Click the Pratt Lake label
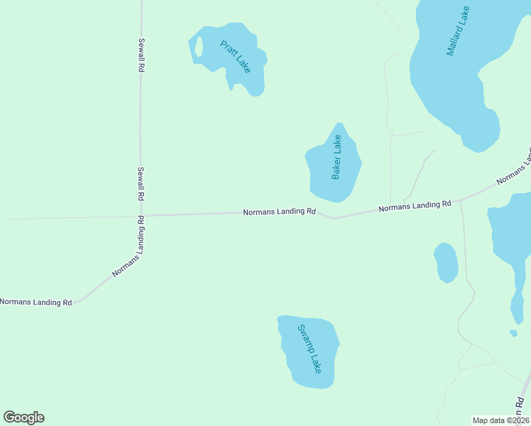tap(235, 56)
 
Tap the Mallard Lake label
tap(459, 32)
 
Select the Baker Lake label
tap(336, 158)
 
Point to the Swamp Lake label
tap(310, 349)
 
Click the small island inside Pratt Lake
tap(199, 47)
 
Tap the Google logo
tap(23, 417)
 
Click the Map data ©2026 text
tap(501, 420)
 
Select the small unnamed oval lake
tap(446, 262)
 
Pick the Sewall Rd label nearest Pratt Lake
tap(141, 55)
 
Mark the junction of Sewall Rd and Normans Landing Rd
tap(141, 215)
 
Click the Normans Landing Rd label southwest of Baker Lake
tap(279, 212)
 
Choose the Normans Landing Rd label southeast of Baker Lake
tap(415, 207)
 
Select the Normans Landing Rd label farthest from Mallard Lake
tap(36, 302)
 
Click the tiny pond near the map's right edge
tap(513, 333)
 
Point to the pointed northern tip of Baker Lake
tap(339, 124)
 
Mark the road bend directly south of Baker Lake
tap(333, 217)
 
